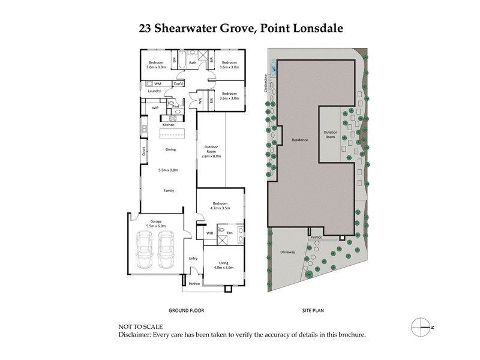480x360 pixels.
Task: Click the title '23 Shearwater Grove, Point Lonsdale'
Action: tap(240, 28)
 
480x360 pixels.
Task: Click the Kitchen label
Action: tap(168, 124)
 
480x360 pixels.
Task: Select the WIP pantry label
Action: tap(155, 108)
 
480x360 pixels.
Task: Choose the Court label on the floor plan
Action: tap(144, 152)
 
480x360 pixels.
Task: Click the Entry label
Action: tap(193, 258)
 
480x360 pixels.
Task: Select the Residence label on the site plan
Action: tap(300, 140)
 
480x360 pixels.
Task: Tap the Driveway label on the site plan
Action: tap(287, 252)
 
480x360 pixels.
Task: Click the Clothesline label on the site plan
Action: tap(265, 83)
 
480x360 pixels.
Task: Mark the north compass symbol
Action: tap(421, 326)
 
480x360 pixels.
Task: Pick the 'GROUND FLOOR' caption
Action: tap(186, 311)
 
